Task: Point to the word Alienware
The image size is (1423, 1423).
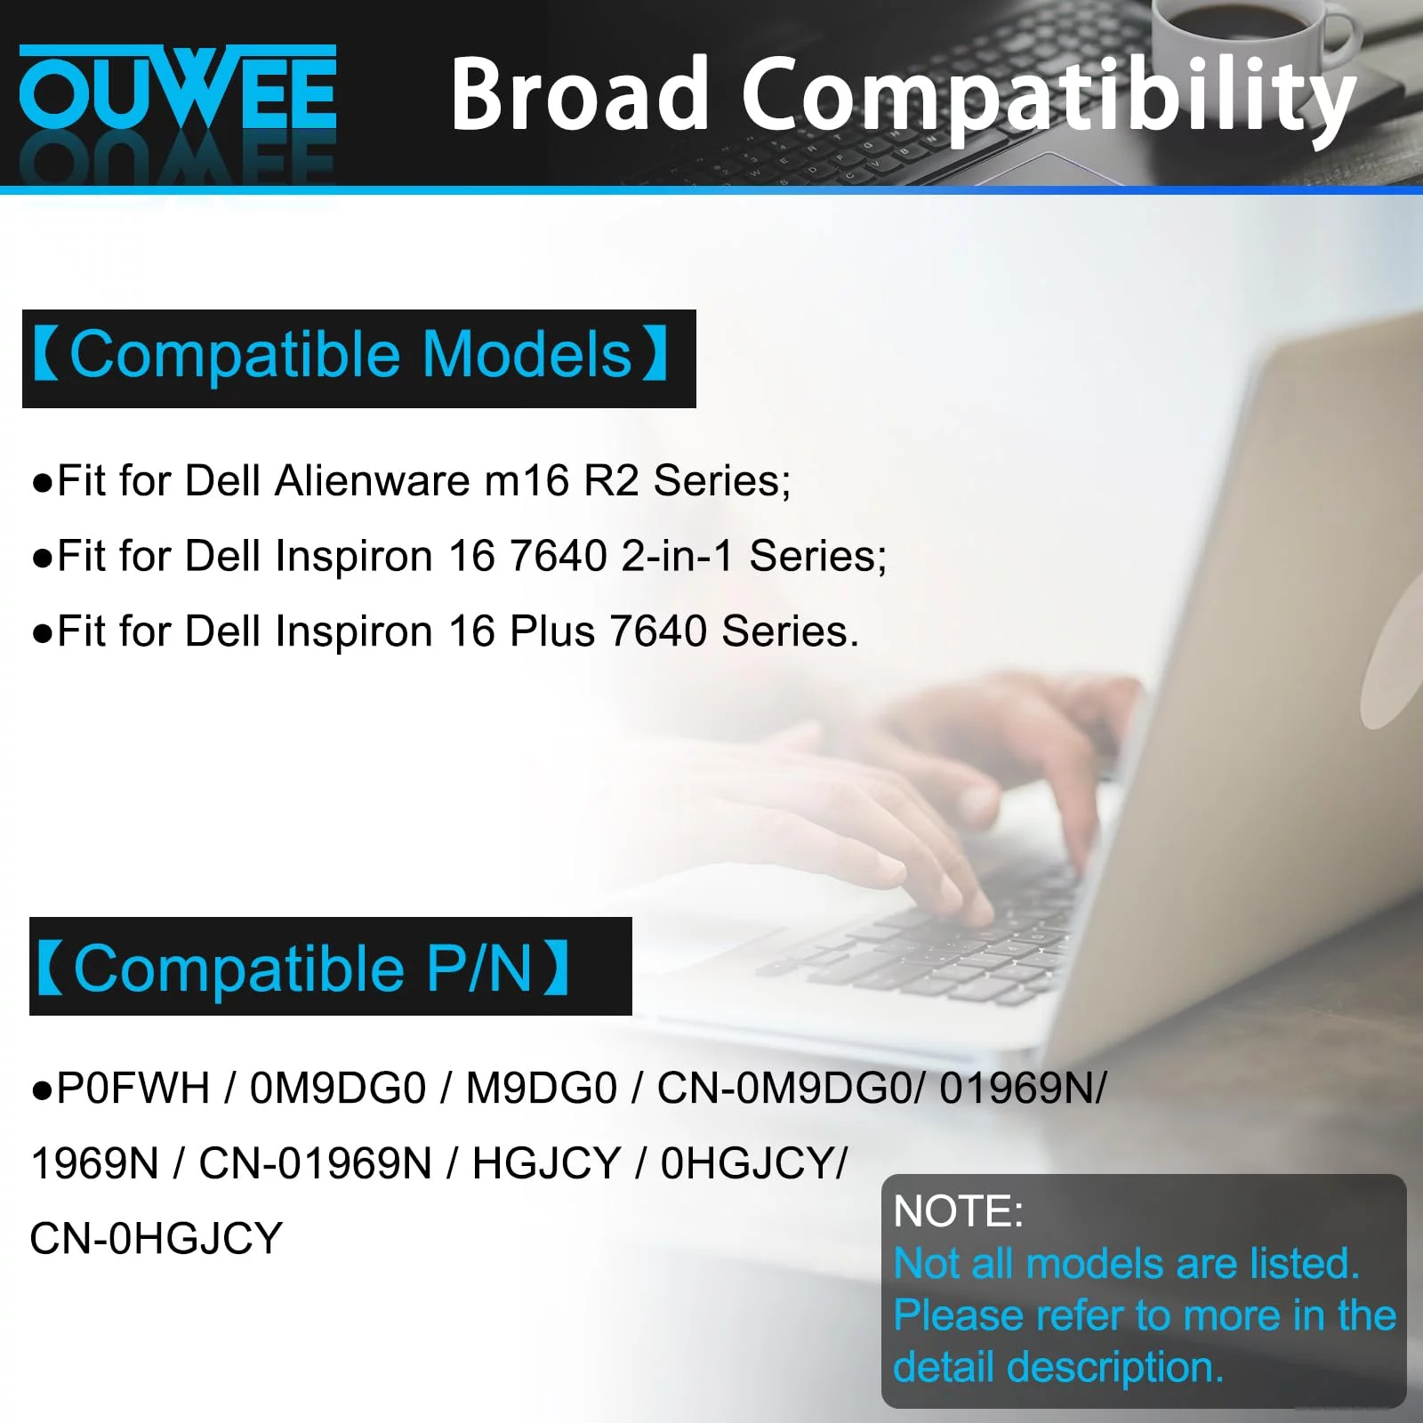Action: click(373, 480)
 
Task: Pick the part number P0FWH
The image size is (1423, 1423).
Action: click(133, 1089)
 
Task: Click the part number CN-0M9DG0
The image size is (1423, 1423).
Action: click(791, 1089)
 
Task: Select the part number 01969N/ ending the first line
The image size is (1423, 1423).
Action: click(1023, 1089)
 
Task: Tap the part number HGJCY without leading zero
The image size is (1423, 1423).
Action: click(546, 1163)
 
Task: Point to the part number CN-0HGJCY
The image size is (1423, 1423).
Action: click(157, 1239)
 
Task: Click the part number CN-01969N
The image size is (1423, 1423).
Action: click(316, 1163)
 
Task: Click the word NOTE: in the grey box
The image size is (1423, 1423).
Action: click(958, 1211)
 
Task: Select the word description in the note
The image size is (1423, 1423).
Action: click(1115, 1368)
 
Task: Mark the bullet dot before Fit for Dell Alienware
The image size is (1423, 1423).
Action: click(42, 484)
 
